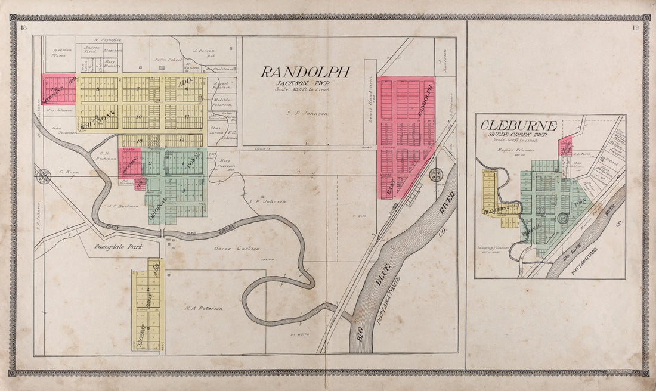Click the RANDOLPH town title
[304, 73]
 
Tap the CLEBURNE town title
[519, 126]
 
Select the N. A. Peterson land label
[203, 308]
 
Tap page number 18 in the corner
[23, 28]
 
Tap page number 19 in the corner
[636, 28]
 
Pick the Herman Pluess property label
[63, 53]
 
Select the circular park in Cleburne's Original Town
[562, 218]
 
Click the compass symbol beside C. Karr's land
[43, 177]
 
